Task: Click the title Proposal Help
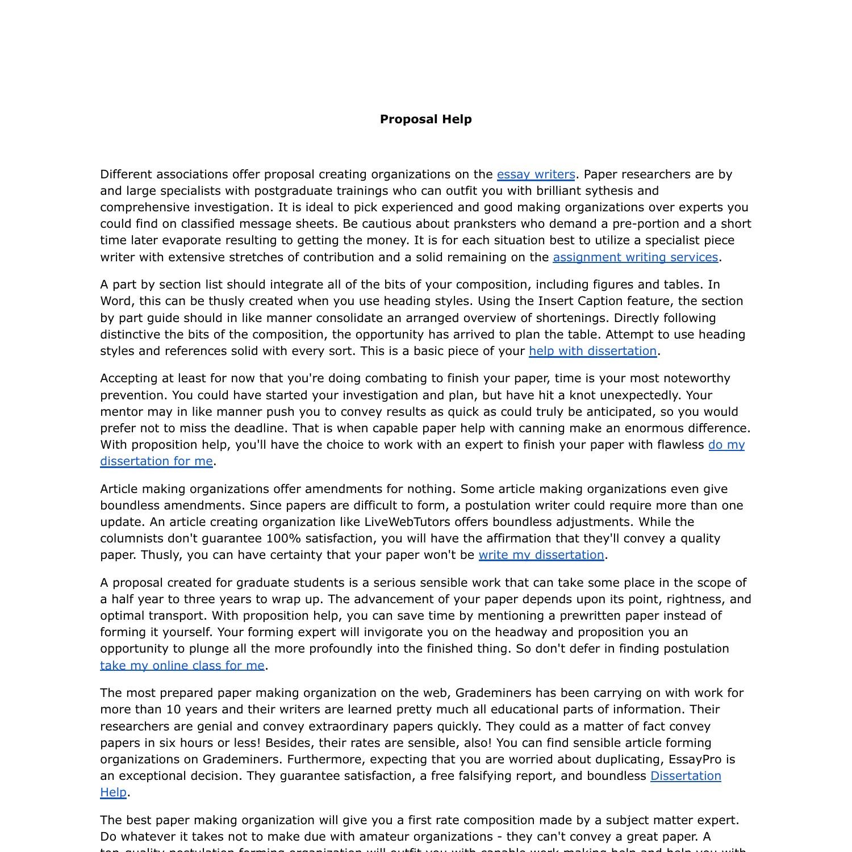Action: [425, 119]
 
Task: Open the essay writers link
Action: [536, 174]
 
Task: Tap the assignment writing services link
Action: [635, 257]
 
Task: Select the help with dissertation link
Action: [592, 351]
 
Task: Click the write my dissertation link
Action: [541, 555]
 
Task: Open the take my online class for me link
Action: [182, 666]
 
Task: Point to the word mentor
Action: [120, 412]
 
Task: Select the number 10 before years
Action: [173, 709]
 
